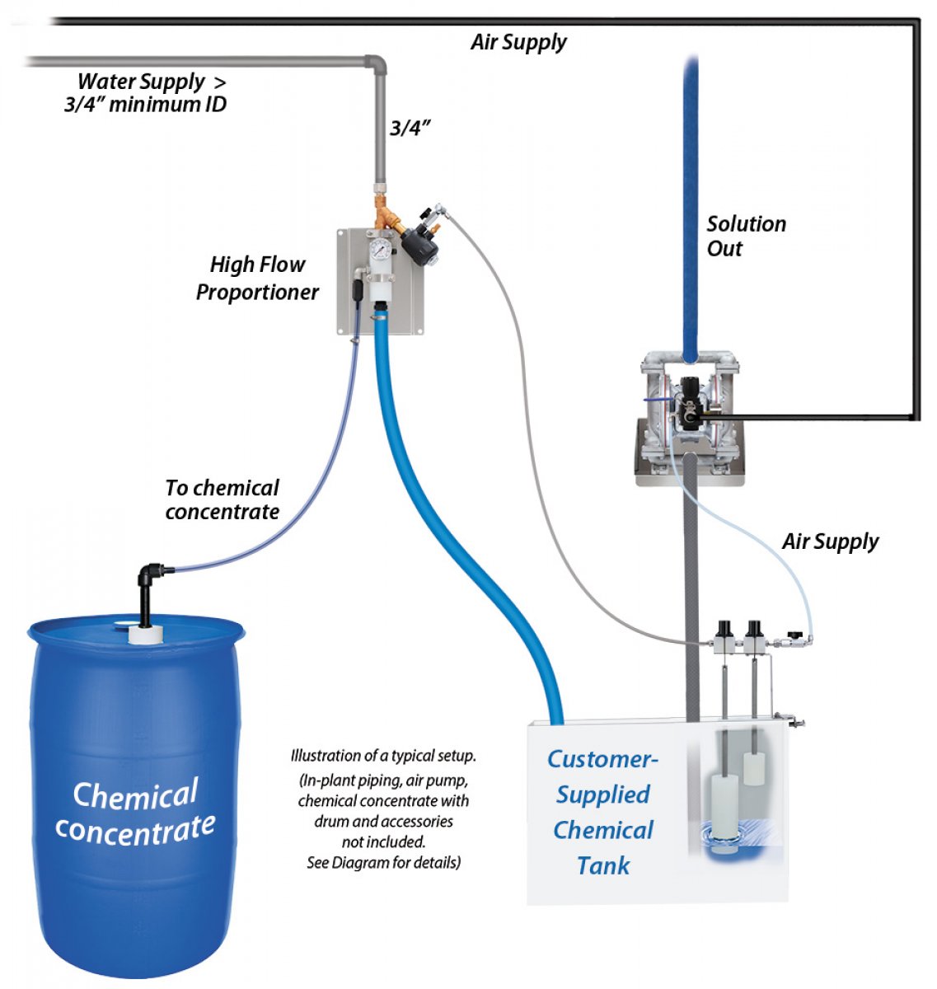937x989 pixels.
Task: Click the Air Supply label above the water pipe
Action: [518, 42]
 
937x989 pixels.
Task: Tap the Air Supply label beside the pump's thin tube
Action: [830, 541]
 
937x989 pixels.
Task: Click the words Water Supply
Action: [141, 82]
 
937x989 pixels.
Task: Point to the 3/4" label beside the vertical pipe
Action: [410, 129]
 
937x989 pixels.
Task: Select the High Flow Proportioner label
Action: [257, 279]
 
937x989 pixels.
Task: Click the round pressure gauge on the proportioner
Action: [379, 250]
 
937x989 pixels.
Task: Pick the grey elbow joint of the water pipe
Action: [375, 65]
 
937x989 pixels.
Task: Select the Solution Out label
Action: [746, 237]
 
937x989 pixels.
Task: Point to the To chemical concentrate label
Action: [222, 499]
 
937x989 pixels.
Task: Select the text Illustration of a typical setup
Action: [383, 756]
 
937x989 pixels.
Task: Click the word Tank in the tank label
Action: [603, 866]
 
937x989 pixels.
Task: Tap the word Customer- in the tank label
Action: [603, 759]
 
